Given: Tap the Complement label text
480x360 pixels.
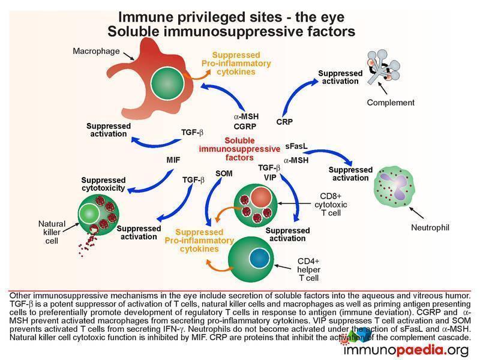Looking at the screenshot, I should pyautogui.click(x=391, y=103).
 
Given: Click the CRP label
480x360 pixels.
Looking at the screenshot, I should pyautogui.click(x=284, y=122).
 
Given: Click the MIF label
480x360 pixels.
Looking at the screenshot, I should pyautogui.click(x=173, y=160).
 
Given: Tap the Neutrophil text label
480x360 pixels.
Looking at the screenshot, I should pyautogui.click(x=430, y=227).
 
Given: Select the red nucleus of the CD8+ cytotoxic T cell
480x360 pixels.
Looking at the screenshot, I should pyautogui.click(x=262, y=197).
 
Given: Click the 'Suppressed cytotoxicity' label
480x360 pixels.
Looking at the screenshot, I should pyautogui.click(x=103, y=184).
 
